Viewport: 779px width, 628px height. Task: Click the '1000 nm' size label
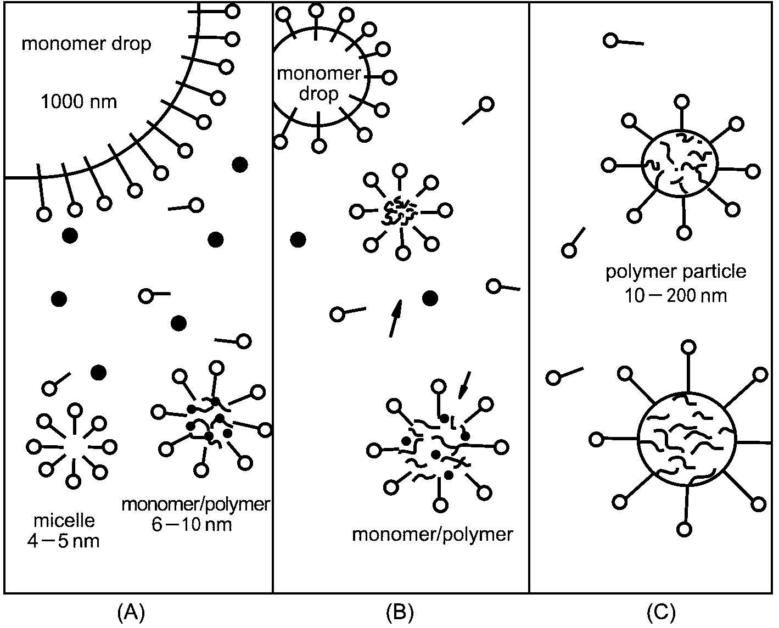pyautogui.click(x=79, y=102)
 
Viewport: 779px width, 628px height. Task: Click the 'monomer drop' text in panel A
pyautogui.click(x=87, y=44)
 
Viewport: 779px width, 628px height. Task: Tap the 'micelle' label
pyautogui.click(x=64, y=520)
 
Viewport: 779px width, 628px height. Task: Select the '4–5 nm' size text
pyautogui.click(x=63, y=542)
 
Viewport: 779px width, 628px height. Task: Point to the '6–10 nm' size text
pyautogui.click(x=192, y=524)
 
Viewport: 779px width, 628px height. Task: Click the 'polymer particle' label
pyautogui.click(x=676, y=272)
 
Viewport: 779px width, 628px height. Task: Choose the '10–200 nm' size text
pyautogui.click(x=676, y=296)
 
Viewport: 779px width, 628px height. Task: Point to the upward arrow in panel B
pyautogui.click(x=396, y=318)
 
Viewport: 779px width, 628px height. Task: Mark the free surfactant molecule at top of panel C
pyautogui.click(x=623, y=42)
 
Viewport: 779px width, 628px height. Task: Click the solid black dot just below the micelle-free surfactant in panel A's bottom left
pyautogui.click(x=98, y=372)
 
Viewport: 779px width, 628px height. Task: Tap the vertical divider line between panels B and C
pyautogui.click(x=529, y=298)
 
